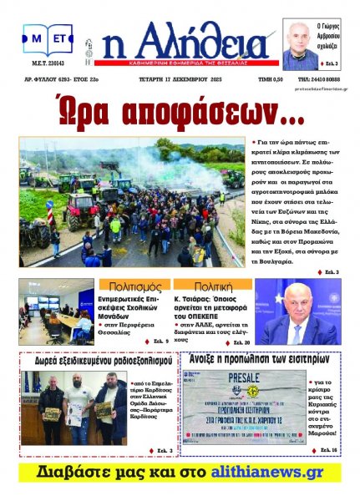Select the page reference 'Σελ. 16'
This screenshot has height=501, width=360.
click(x=327, y=450)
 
